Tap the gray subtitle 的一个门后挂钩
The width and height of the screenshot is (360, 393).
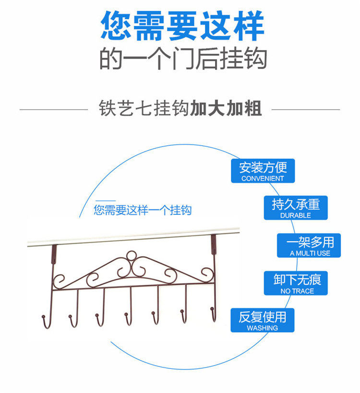coord(183,60)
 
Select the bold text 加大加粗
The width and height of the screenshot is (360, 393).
coord(226,109)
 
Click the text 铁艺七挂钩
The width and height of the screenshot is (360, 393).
coord(144,109)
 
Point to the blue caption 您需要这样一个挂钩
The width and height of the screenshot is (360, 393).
coord(143,210)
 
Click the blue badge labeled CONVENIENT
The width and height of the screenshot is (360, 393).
coord(263,171)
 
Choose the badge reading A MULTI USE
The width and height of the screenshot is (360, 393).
coord(310,246)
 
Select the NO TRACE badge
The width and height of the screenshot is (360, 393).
coord(297,283)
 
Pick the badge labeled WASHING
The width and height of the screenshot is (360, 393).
coord(262,320)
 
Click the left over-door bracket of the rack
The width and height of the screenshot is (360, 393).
coord(54,252)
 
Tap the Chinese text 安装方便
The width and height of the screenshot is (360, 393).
coord(263,167)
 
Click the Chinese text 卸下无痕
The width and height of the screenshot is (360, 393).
coord(297,279)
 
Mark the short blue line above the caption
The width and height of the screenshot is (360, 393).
coord(105,201)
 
